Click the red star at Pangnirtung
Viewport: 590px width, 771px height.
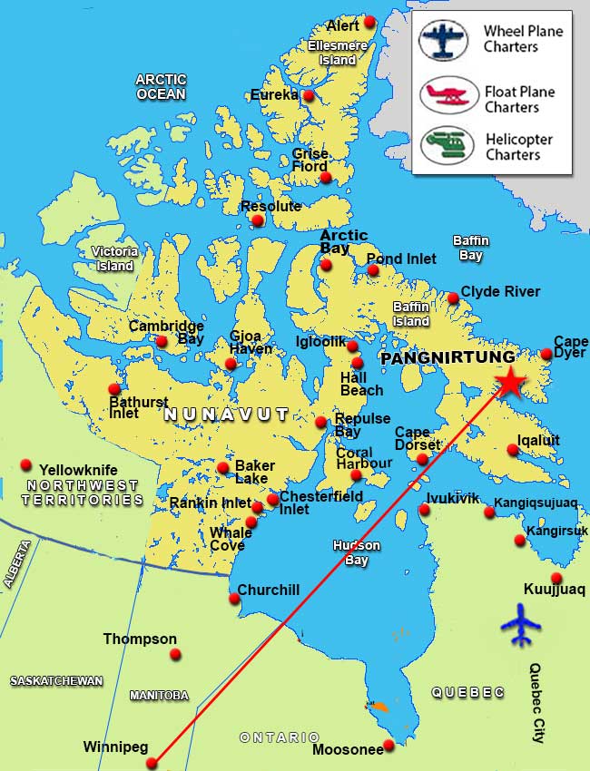click(x=511, y=383)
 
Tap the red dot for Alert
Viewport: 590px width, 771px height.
click(x=369, y=22)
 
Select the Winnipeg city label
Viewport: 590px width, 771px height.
click(x=115, y=747)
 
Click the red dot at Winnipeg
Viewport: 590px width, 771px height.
click(x=152, y=763)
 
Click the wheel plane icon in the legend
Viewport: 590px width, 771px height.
click(x=443, y=40)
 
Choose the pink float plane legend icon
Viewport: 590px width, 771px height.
click(x=443, y=94)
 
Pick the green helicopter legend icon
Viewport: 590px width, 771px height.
click(x=443, y=145)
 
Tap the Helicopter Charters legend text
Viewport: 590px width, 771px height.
click(x=517, y=147)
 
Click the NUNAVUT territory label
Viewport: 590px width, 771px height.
click(x=226, y=415)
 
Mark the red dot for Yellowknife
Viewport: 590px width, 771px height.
click(x=25, y=464)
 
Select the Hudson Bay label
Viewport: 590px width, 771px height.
click(x=356, y=553)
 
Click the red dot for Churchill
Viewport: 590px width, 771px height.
click(x=234, y=598)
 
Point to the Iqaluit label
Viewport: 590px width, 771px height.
click(x=538, y=441)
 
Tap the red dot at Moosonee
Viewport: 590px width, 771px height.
click(x=389, y=745)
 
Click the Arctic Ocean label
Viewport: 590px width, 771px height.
click(x=161, y=87)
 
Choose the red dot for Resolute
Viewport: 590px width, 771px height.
click(x=258, y=220)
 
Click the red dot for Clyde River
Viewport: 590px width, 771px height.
click(x=453, y=298)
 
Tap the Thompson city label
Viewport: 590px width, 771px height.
click(x=140, y=639)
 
